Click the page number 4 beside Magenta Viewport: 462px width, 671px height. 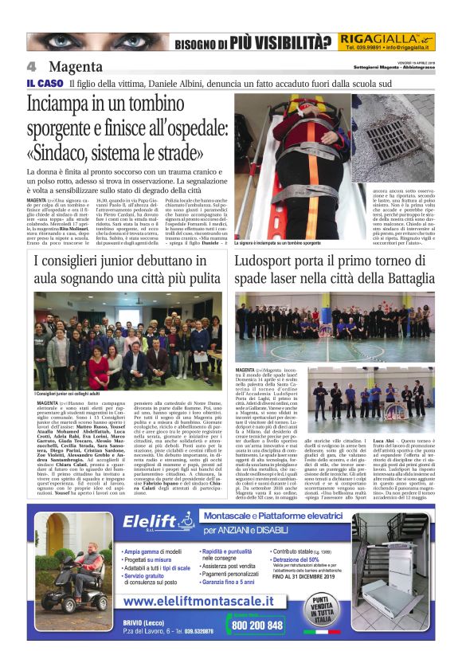(x=32, y=66)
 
